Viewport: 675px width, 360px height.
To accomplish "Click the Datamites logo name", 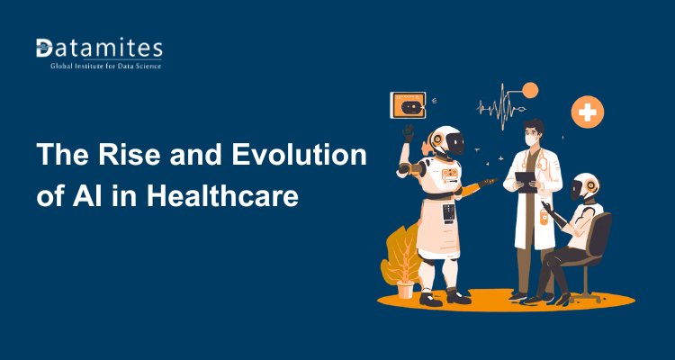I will coord(98,49).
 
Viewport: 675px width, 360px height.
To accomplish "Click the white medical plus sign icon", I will coord(588,112).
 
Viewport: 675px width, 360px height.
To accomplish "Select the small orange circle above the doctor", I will coord(530,90).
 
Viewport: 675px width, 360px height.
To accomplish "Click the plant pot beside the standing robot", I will coord(405,289).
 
